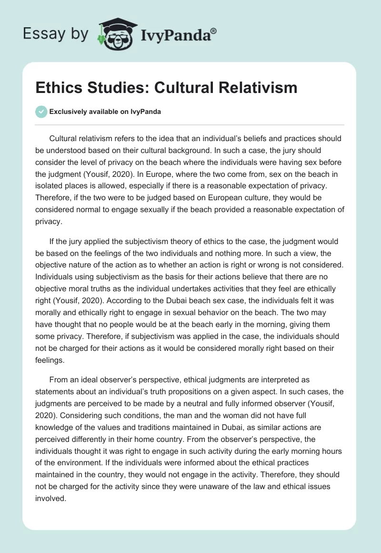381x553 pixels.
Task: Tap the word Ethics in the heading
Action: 57,88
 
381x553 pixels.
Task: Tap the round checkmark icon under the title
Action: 41,112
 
